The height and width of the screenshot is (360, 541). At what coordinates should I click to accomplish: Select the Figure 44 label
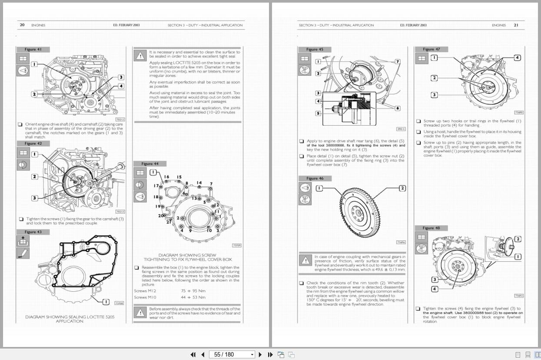point(150,163)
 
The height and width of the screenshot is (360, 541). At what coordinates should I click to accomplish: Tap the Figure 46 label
point(315,178)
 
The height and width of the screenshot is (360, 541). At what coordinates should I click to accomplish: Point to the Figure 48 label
point(431,228)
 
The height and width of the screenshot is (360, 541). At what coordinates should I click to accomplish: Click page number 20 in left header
point(22,25)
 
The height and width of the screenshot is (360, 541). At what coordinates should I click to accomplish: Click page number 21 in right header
point(516,25)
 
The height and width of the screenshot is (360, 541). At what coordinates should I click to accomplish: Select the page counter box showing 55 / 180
point(231,354)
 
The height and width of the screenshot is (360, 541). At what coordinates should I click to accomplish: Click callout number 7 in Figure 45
point(397,61)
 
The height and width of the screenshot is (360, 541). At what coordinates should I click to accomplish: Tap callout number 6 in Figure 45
point(397,108)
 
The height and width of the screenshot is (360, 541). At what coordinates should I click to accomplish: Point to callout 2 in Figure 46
point(402,188)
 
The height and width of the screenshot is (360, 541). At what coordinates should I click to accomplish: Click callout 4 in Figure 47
point(517,57)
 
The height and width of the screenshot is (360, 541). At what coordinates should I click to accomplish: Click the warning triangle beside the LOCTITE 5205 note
point(139,56)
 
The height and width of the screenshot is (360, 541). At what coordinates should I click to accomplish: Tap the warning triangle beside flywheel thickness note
point(305,260)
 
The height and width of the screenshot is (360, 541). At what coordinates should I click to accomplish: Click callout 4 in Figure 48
point(434,289)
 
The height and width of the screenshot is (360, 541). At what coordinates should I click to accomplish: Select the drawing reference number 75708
point(119,303)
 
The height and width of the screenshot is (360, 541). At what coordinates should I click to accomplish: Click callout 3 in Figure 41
point(121,77)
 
